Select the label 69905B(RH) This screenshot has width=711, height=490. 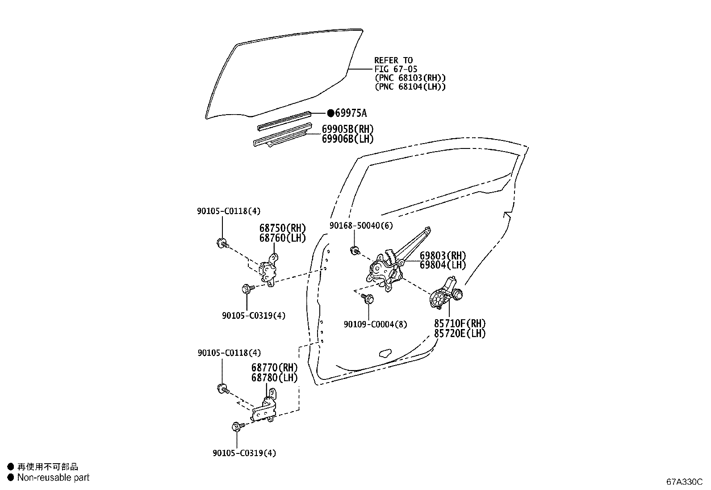(x=347, y=129)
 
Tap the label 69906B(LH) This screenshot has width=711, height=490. (x=347, y=139)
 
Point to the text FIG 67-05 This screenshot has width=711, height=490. (x=396, y=69)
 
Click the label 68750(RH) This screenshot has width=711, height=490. (x=282, y=228)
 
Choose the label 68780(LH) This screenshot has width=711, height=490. (x=274, y=378)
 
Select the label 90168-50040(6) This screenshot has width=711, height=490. (x=361, y=226)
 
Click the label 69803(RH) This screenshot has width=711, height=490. (x=443, y=256)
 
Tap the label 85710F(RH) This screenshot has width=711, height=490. (x=460, y=323)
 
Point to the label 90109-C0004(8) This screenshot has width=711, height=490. (x=375, y=325)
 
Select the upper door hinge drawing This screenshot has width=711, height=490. (x=270, y=270)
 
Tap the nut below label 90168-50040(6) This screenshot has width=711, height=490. (x=355, y=250)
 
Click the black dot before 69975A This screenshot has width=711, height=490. (x=330, y=113)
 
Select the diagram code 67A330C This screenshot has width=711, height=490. (x=684, y=482)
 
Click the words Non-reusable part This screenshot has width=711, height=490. (x=53, y=478)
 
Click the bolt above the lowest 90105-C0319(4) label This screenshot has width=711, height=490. (x=237, y=426)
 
